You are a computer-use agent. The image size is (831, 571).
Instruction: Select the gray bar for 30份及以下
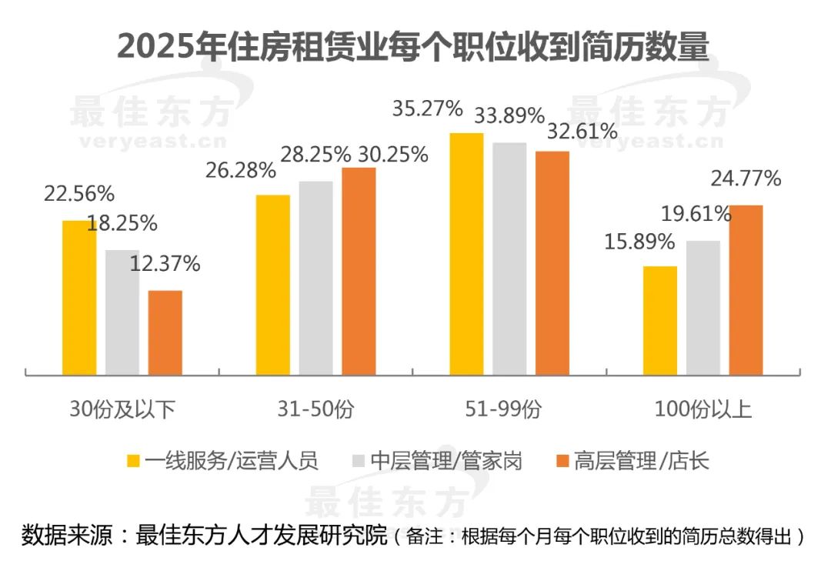pyautogui.click(x=122, y=312)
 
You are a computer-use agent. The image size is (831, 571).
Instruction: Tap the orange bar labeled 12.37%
pyautogui.click(x=165, y=332)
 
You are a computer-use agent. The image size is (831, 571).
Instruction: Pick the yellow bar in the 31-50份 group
pyautogui.click(x=273, y=285)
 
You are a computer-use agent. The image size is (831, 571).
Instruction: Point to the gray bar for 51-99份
pyautogui.click(x=509, y=259)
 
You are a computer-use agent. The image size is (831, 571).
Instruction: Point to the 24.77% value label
pyautogui.click(x=746, y=179)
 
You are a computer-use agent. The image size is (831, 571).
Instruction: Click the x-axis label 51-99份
pyautogui.click(x=509, y=409)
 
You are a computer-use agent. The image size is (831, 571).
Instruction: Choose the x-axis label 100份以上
pyautogui.click(x=703, y=409)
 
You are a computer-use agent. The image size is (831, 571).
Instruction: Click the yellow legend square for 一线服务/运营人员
pyautogui.click(x=133, y=462)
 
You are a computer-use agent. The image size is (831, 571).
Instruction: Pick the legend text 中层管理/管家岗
pyautogui.click(x=446, y=462)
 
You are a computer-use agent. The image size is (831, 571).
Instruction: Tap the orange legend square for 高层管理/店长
pyautogui.click(x=561, y=462)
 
